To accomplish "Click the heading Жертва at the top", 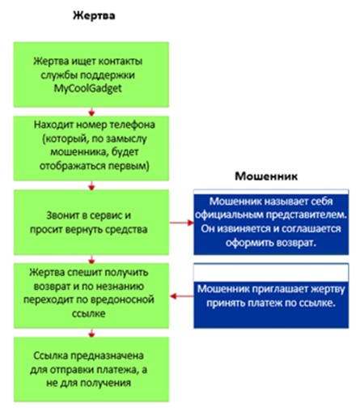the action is [x=94, y=15].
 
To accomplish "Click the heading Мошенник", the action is [x=266, y=176].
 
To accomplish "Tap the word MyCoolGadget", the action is [x=88, y=88].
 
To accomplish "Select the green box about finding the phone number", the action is [x=91, y=148].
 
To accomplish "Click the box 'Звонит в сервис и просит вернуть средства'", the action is [x=91, y=222].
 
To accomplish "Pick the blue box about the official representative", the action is [x=271, y=222].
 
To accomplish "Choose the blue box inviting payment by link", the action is [x=271, y=295].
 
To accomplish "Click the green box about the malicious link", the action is [x=91, y=295].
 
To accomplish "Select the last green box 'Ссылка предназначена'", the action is [x=91, y=369].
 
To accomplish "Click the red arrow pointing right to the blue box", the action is [x=181, y=223].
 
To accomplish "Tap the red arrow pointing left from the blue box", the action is [x=182, y=296].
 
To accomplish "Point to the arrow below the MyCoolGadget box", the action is [x=91, y=112].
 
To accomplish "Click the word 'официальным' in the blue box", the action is [x=229, y=215].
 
